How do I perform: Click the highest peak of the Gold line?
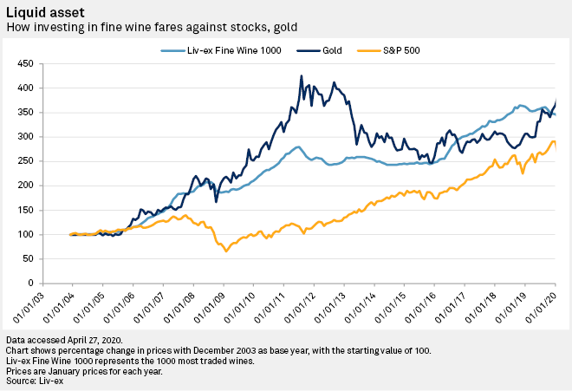coord(302,76)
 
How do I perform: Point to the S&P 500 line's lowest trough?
coord(226,251)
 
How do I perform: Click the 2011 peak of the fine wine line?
coord(296,147)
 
